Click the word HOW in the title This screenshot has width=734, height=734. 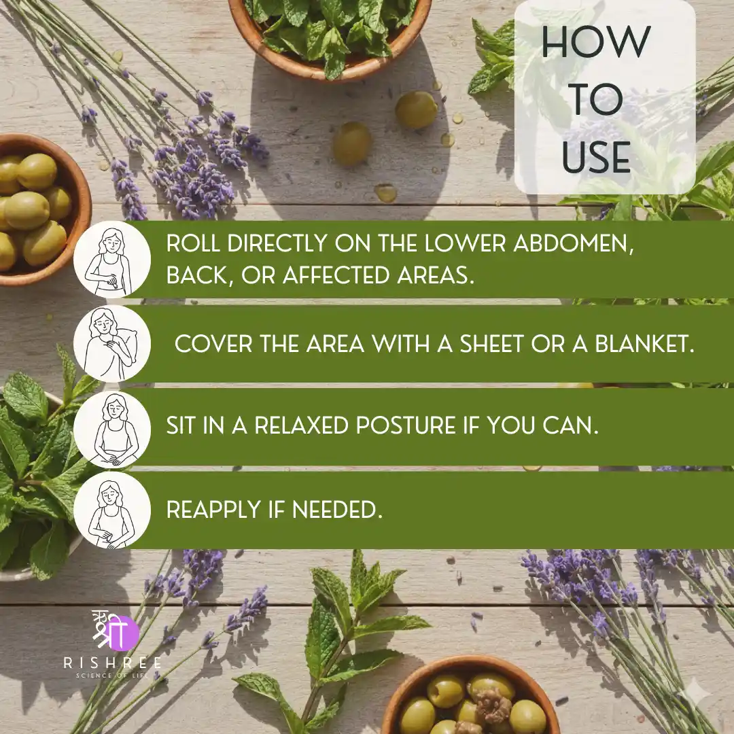596,42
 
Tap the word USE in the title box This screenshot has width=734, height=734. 596,157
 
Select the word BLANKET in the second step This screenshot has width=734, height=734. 644,344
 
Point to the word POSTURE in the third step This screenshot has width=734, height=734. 405,425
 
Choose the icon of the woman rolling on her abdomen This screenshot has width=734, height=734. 112,260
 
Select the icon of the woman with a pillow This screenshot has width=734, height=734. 112,343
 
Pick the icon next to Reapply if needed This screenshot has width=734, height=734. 112,510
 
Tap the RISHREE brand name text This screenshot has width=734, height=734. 112,663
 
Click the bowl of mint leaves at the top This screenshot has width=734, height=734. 330,35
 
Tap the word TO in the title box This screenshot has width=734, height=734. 596,99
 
